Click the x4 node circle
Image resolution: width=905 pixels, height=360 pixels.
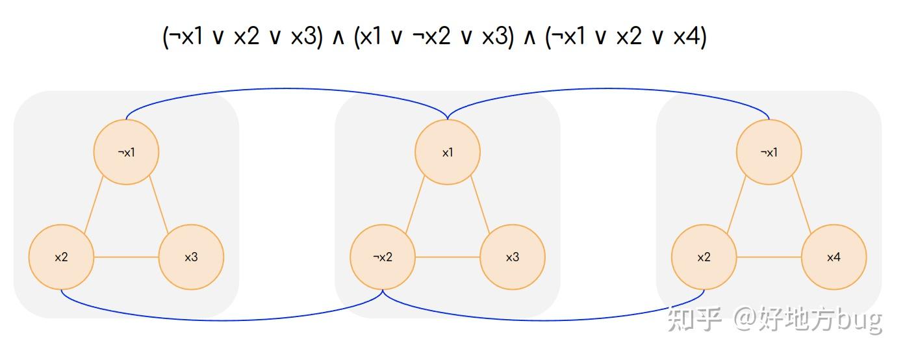834,257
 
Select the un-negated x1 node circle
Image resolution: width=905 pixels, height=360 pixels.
448,153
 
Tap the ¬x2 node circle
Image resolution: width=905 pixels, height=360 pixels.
383,257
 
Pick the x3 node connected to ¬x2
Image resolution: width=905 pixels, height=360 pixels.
512,257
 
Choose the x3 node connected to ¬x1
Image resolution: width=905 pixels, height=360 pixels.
191,257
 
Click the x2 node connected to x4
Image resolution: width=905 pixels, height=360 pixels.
704,257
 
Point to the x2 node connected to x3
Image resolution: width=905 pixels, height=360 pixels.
61,257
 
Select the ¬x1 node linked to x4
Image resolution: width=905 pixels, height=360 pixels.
769,153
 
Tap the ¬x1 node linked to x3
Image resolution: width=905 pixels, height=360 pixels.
126,153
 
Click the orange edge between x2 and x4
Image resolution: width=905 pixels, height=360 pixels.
769,257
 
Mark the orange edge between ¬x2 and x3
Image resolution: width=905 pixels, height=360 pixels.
448,257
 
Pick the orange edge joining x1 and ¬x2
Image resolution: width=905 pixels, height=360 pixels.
416,204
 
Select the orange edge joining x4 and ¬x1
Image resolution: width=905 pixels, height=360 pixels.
800,204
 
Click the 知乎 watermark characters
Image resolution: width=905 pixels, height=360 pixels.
695,320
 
